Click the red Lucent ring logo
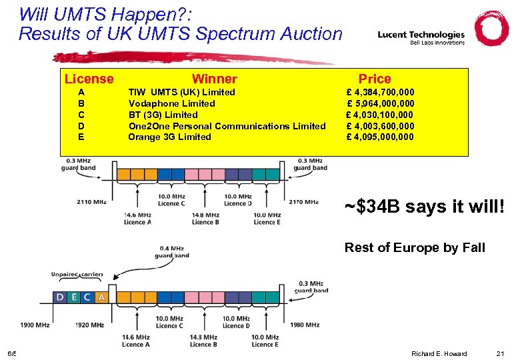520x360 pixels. pyautogui.click(x=491, y=29)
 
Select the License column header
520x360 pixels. pyautogui.click(x=89, y=79)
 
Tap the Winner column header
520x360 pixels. pyautogui.click(x=214, y=79)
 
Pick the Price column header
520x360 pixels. pyautogui.click(x=375, y=79)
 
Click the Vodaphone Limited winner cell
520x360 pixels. pyautogui.click(x=171, y=103)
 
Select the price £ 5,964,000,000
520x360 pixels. pyautogui.click(x=381, y=103)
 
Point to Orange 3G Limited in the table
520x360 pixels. pyautogui.click(x=169, y=137)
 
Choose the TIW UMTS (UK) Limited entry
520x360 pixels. pyautogui.click(x=181, y=92)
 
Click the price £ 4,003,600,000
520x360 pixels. pyautogui.click(x=381, y=126)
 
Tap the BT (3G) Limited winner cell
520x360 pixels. pyautogui.click(x=163, y=115)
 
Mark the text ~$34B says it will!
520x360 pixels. pyautogui.click(x=425, y=207)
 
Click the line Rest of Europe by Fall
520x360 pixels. pyautogui.click(x=415, y=248)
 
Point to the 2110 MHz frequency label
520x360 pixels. pyautogui.click(x=91, y=201)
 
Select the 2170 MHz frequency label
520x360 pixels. pyautogui.click(x=303, y=201)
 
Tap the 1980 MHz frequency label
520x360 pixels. pyautogui.click(x=306, y=325)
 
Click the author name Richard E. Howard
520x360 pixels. pyautogui.click(x=439, y=353)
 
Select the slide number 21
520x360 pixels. pyautogui.click(x=501, y=353)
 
